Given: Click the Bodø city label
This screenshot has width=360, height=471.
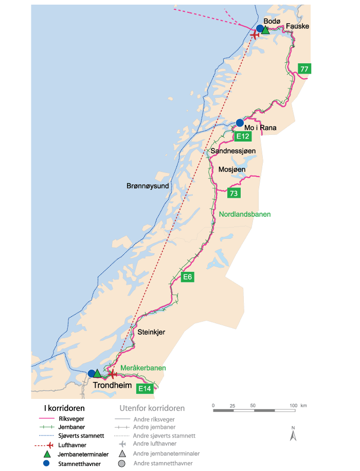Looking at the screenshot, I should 271,21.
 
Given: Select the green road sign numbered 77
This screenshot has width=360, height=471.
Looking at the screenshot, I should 304,68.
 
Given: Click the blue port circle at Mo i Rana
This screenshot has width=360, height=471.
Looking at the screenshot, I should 240,123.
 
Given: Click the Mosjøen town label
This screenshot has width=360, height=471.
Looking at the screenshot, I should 232,169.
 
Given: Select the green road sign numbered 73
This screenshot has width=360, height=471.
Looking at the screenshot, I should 234,194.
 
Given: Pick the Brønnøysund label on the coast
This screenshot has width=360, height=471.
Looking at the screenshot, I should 148,186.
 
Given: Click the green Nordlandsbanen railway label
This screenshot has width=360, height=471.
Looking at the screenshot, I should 244,214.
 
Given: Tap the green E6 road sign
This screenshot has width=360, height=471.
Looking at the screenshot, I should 188,277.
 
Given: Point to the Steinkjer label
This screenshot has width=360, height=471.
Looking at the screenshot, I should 151,332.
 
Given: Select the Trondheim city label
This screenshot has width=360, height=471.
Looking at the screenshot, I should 112,385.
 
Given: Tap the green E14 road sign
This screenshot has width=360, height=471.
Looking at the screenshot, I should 145,389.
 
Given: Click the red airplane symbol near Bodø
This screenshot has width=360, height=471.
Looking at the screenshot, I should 255,34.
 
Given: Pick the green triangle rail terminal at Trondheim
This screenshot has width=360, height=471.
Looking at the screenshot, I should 98,373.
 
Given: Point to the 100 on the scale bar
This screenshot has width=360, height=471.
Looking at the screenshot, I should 293,406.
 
